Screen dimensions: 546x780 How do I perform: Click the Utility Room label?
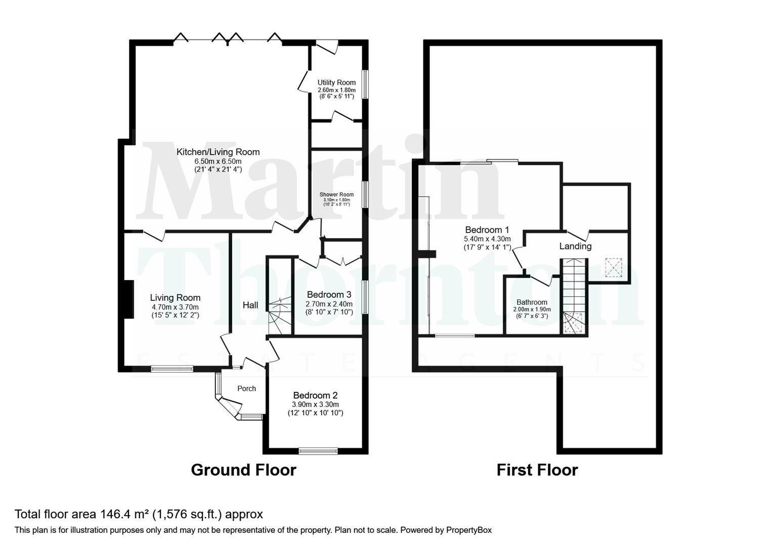[x=336, y=82]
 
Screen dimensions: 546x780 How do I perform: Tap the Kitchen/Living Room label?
[x=218, y=152]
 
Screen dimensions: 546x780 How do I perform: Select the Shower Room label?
[x=336, y=194]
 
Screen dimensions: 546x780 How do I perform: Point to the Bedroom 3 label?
[x=329, y=294]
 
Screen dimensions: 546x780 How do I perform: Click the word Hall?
[x=250, y=305]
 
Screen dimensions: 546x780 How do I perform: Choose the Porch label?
[x=247, y=388]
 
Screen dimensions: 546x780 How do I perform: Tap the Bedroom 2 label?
[x=315, y=395]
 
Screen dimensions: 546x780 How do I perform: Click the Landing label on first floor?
[x=575, y=246]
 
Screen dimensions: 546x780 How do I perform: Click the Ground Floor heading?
[x=243, y=470]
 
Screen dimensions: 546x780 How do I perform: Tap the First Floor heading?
[x=537, y=470]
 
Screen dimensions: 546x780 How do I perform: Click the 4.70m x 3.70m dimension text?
[x=175, y=307]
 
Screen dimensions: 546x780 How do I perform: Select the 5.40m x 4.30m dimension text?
[x=487, y=239]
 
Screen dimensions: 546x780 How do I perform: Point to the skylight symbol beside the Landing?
[x=614, y=268]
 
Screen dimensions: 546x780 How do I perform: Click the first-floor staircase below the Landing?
[x=574, y=293]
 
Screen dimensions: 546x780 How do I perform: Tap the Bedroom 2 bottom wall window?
[x=318, y=450]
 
